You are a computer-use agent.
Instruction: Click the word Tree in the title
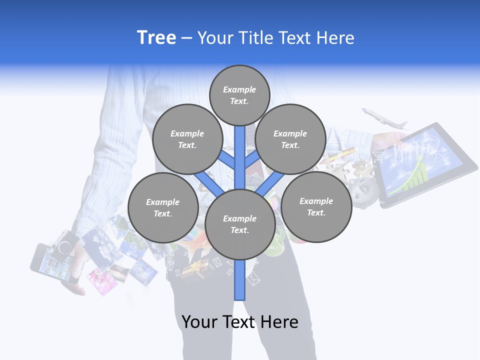click(156, 37)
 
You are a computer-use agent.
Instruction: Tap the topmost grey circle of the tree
click(239, 95)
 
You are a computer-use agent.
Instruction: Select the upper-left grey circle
click(187, 139)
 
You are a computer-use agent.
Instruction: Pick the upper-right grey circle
click(290, 139)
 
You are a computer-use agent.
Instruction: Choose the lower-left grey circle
click(163, 207)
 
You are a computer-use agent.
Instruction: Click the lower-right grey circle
click(316, 206)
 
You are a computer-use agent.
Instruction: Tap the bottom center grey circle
click(240, 224)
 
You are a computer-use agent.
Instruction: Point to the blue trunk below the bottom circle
click(240, 280)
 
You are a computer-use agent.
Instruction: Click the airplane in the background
click(384, 118)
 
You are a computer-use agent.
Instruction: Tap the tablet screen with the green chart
click(425, 162)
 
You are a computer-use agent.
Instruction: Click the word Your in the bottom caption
click(200, 322)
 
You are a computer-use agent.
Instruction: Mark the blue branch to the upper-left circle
click(227, 161)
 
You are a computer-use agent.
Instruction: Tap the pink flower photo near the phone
click(102, 280)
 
